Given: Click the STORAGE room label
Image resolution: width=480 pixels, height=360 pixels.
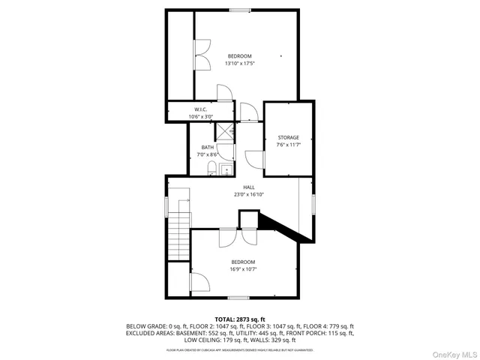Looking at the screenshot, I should pyautogui.click(x=289, y=137).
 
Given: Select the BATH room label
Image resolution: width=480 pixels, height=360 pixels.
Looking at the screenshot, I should pyautogui.click(x=207, y=147).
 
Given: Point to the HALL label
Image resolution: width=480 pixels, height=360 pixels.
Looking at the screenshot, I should pyautogui.click(x=248, y=187).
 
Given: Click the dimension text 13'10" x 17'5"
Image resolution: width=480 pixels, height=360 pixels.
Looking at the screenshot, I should pyautogui.click(x=239, y=63).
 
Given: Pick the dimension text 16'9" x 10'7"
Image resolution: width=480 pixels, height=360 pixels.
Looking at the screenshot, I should pyautogui.click(x=243, y=268).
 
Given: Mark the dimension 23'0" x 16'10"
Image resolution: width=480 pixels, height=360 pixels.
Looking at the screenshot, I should pyautogui.click(x=248, y=194).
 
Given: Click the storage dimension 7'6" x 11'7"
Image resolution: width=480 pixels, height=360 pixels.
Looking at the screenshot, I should pyautogui.click(x=289, y=145).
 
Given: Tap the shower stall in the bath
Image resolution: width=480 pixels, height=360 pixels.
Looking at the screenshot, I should pyautogui.click(x=225, y=130).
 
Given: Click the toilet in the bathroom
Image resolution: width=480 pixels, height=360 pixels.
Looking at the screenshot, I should pyautogui.click(x=212, y=167).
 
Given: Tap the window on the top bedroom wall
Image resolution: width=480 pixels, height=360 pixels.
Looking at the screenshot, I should pyautogui.click(x=240, y=10).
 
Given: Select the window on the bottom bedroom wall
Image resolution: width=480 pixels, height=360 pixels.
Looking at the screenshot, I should pyautogui.click(x=238, y=298).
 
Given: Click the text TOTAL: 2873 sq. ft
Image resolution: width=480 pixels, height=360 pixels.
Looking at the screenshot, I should pyautogui.click(x=240, y=319).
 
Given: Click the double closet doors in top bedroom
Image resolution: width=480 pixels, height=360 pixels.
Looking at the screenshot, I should pyautogui.click(x=201, y=53).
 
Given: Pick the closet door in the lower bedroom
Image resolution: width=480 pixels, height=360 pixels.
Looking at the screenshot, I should pyautogui.click(x=199, y=283).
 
